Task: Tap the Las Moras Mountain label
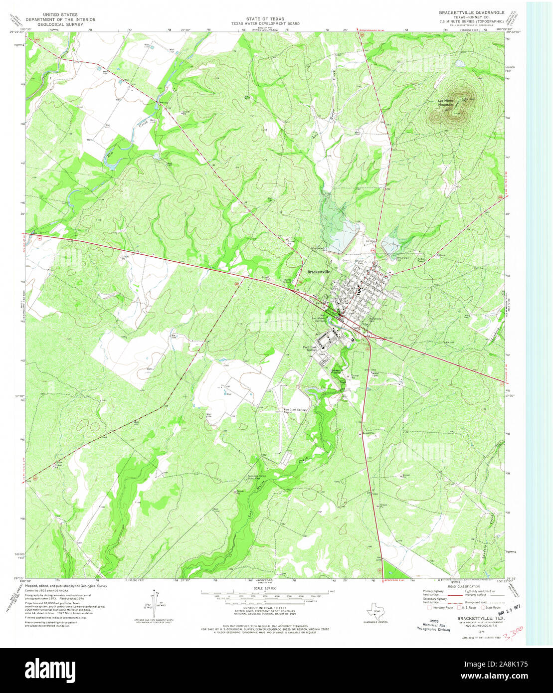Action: tap(442, 103)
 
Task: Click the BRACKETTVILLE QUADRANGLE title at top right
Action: tap(471, 12)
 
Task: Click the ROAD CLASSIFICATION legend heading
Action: tap(459, 586)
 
